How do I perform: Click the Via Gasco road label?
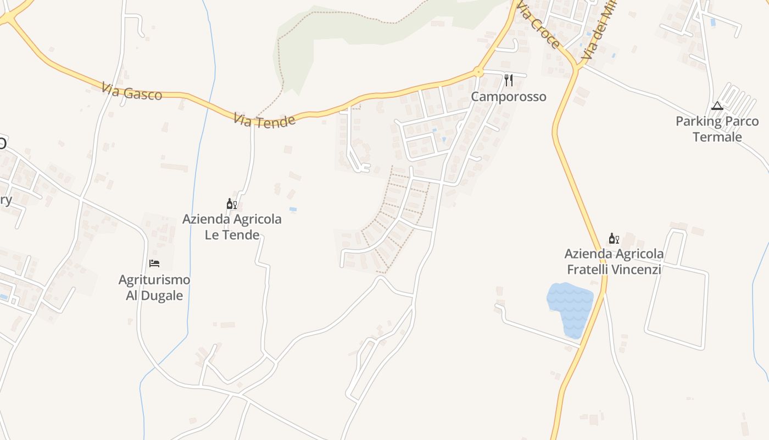click(x=132, y=92)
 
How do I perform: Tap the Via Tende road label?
click(x=264, y=120)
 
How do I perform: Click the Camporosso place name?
click(x=509, y=97)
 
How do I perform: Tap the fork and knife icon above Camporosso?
click(x=509, y=81)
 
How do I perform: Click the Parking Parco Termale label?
click(x=717, y=129)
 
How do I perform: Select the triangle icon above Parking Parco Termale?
click(x=717, y=106)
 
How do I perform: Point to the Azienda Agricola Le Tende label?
click(x=232, y=227)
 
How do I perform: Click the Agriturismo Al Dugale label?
click(x=154, y=288)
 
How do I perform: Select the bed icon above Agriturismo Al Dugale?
click(x=154, y=263)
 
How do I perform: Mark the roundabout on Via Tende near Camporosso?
click(x=478, y=71)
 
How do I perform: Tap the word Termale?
click(x=717, y=137)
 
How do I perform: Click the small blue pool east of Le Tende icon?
click(x=292, y=210)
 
